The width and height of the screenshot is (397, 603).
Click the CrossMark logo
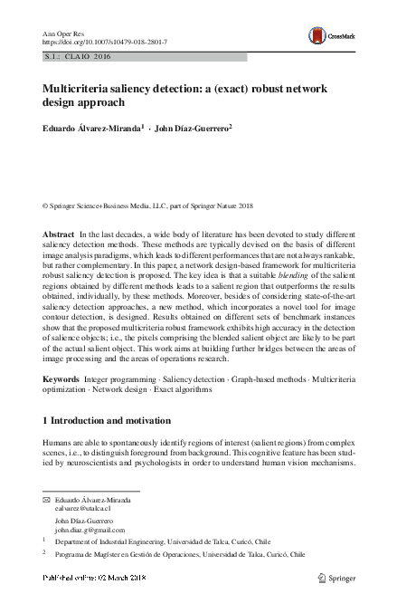(x=330, y=36)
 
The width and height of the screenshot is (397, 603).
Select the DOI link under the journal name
(x=105, y=43)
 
